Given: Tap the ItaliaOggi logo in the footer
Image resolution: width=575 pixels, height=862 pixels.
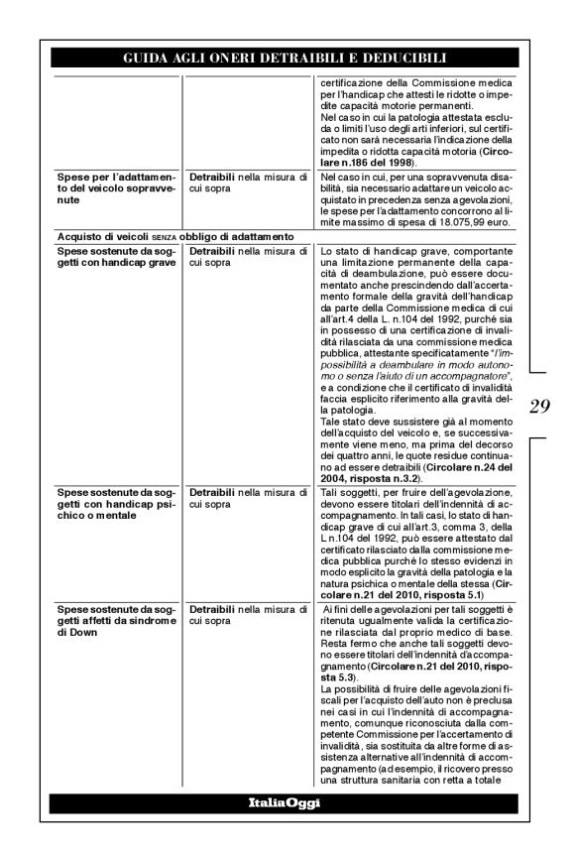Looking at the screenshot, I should click(x=284, y=802).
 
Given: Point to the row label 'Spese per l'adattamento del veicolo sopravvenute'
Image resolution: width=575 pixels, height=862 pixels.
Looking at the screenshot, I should click(x=116, y=187).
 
